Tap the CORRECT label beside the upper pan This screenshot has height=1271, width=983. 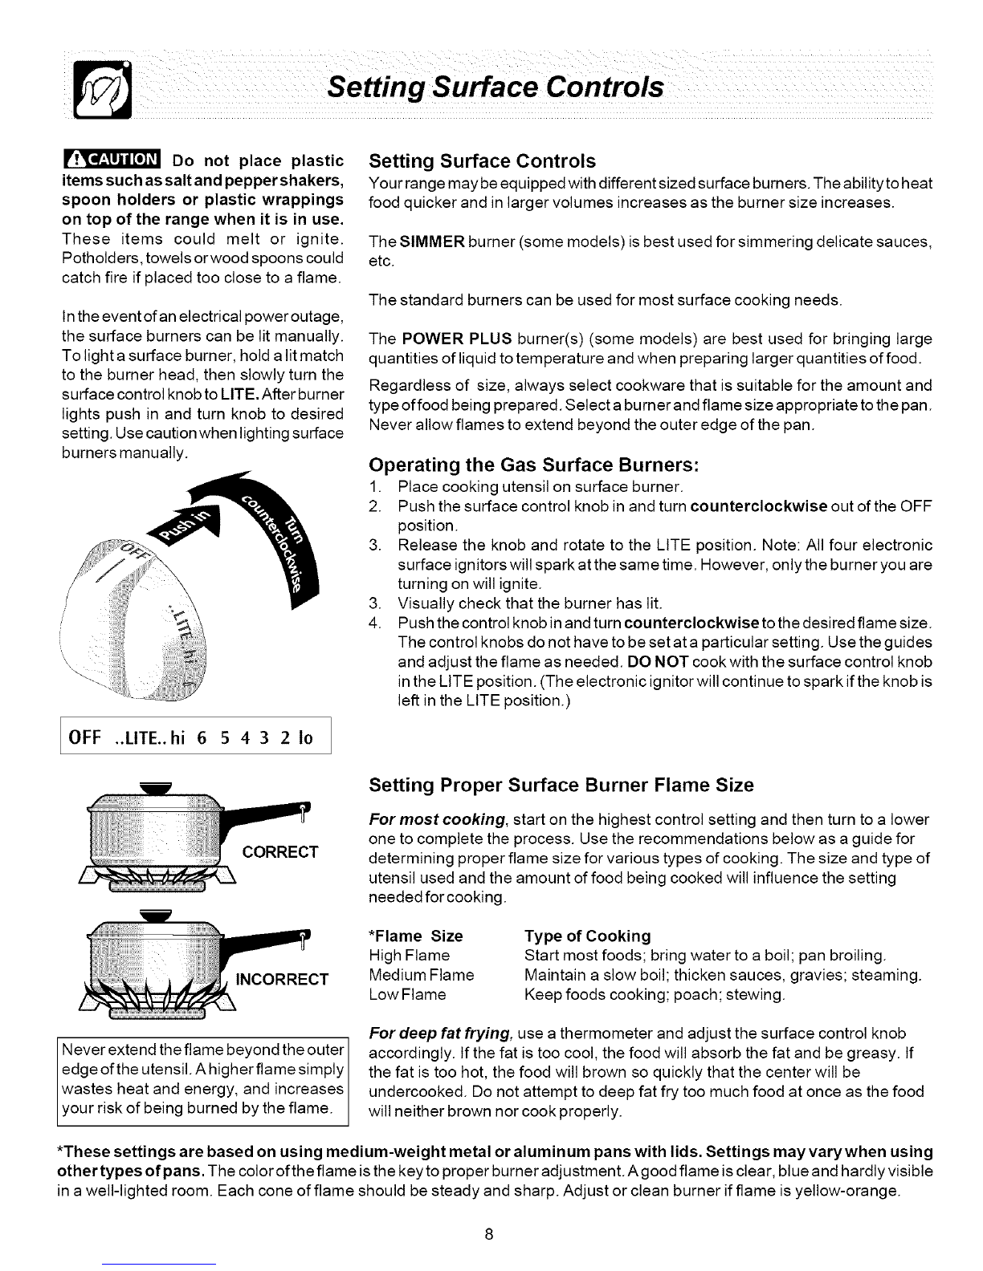[x=279, y=852]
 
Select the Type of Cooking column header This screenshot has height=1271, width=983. [x=587, y=936]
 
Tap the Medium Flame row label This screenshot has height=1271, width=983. [x=421, y=975]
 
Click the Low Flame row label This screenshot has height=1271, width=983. [x=407, y=995]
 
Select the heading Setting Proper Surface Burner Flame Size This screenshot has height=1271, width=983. [x=561, y=786]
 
